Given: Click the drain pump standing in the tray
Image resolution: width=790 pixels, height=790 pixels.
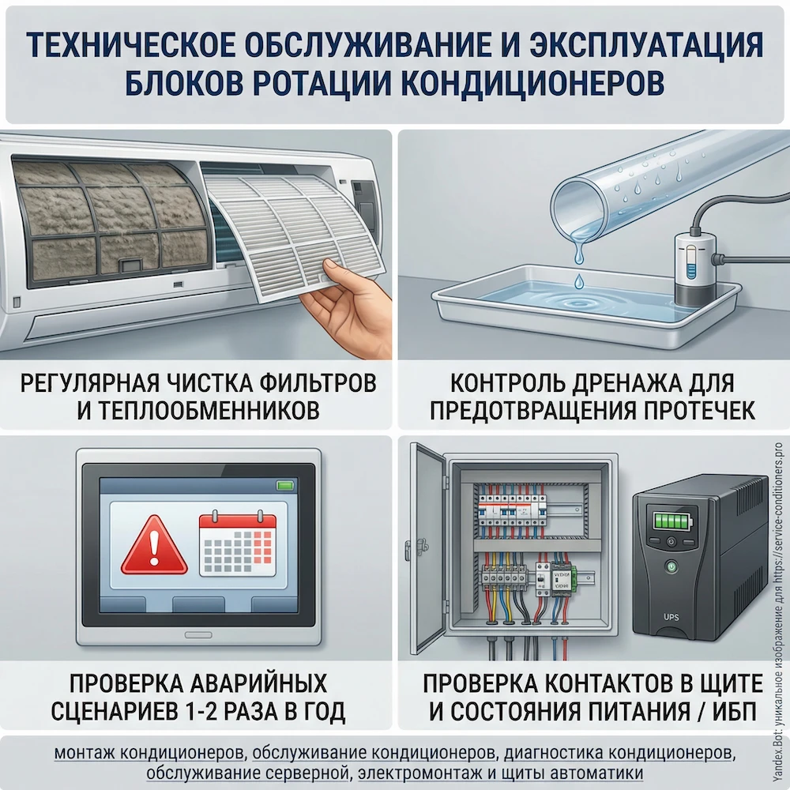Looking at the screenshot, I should point(693,264).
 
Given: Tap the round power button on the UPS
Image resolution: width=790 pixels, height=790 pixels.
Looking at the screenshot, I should point(671,566).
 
